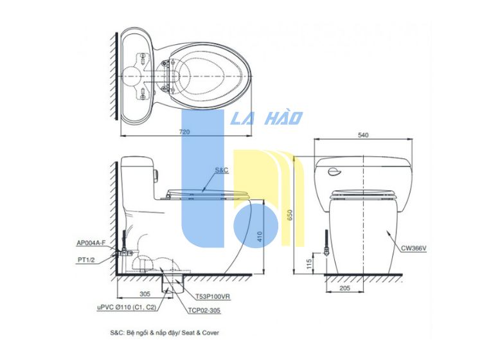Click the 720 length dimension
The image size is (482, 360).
(x=184, y=132)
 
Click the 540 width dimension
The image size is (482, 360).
(x=363, y=135)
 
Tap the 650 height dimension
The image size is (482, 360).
(x=290, y=215)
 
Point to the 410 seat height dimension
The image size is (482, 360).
(x=260, y=237)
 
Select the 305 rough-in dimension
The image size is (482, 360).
(x=145, y=294)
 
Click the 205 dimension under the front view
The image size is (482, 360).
(x=345, y=288)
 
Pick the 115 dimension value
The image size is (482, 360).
(x=309, y=264)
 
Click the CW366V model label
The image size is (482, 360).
(x=414, y=248)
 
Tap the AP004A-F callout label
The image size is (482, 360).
(x=91, y=243)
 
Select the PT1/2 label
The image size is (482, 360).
(x=86, y=260)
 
